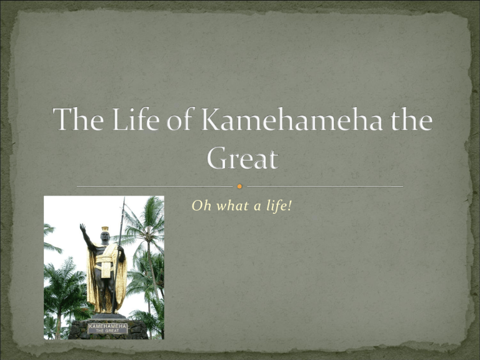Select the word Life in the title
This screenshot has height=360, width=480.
pyautogui.click(x=136, y=119)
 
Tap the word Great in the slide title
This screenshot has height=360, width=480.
pyautogui.click(x=242, y=157)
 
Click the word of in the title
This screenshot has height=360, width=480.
pyautogui.click(x=179, y=119)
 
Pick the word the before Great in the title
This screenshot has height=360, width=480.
pyautogui.click(x=411, y=119)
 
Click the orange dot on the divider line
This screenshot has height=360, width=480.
pyautogui.click(x=240, y=186)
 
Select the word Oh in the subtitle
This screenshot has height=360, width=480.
pyautogui.click(x=201, y=206)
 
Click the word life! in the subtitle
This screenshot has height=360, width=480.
pyautogui.click(x=279, y=206)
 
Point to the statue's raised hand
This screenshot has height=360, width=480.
pyautogui.click(x=82, y=227)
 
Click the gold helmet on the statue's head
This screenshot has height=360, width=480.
pyautogui.click(x=105, y=229)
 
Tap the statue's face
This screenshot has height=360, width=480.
pyautogui.click(x=105, y=236)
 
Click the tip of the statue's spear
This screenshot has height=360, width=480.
pyautogui.click(x=124, y=197)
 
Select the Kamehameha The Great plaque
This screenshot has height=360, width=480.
pyautogui.click(x=107, y=329)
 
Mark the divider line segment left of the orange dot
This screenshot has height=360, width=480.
pyautogui.click(x=154, y=186)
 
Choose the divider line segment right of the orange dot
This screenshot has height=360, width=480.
pyautogui.click(x=325, y=186)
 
